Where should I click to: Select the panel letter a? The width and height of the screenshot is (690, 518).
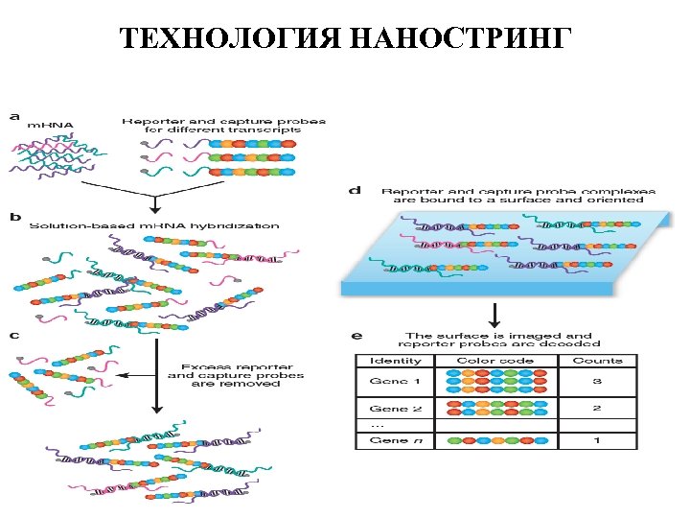point(13,116)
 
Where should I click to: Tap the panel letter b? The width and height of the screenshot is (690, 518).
point(13,218)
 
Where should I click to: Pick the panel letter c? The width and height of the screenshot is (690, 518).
point(13,336)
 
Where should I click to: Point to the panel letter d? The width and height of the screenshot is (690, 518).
point(355,191)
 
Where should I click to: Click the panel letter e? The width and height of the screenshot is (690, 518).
point(356,336)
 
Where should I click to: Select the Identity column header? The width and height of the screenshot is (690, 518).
point(394,361)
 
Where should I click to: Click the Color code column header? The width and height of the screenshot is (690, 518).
point(494,361)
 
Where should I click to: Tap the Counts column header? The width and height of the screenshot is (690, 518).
point(597,361)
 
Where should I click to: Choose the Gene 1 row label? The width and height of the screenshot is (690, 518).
point(394,381)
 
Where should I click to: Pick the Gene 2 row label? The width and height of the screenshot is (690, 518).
point(394,409)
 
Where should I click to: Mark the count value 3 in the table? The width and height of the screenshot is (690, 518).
point(597,381)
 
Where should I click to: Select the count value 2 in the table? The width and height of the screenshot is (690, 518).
point(597,409)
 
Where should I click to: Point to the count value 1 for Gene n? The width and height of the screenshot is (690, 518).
point(597,440)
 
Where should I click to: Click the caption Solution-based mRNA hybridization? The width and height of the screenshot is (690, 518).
point(154,226)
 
